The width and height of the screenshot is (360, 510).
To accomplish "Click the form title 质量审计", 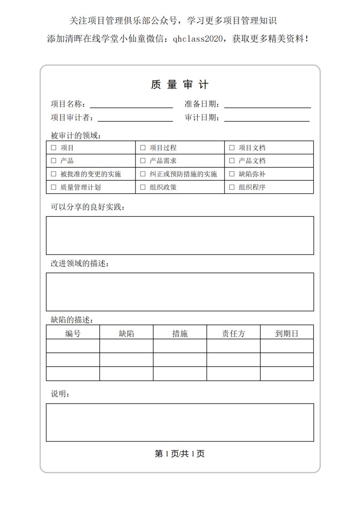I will (180, 85).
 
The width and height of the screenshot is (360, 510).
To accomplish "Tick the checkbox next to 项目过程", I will (143, 148).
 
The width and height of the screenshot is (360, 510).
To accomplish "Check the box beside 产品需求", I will (143, 161).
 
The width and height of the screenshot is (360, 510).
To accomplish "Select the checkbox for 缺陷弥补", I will (232, 174).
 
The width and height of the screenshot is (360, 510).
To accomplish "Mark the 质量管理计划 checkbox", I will (54, 187).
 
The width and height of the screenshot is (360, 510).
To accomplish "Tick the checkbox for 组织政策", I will (143, 187).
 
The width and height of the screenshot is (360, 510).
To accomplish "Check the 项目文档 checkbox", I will (232, 148).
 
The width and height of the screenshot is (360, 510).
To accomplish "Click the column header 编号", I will (73, 334).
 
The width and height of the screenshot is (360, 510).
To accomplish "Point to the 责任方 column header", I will (233, 334).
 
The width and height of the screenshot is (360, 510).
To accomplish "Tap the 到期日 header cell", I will (287, 334).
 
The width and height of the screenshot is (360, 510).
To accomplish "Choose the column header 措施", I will (180, 334).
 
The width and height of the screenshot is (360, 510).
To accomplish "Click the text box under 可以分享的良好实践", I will (180, 235).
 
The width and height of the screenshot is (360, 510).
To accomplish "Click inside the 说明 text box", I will (180, 422).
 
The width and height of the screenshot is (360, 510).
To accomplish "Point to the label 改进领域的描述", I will (80, 264).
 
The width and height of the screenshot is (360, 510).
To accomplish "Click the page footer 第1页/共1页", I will (180, 454).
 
